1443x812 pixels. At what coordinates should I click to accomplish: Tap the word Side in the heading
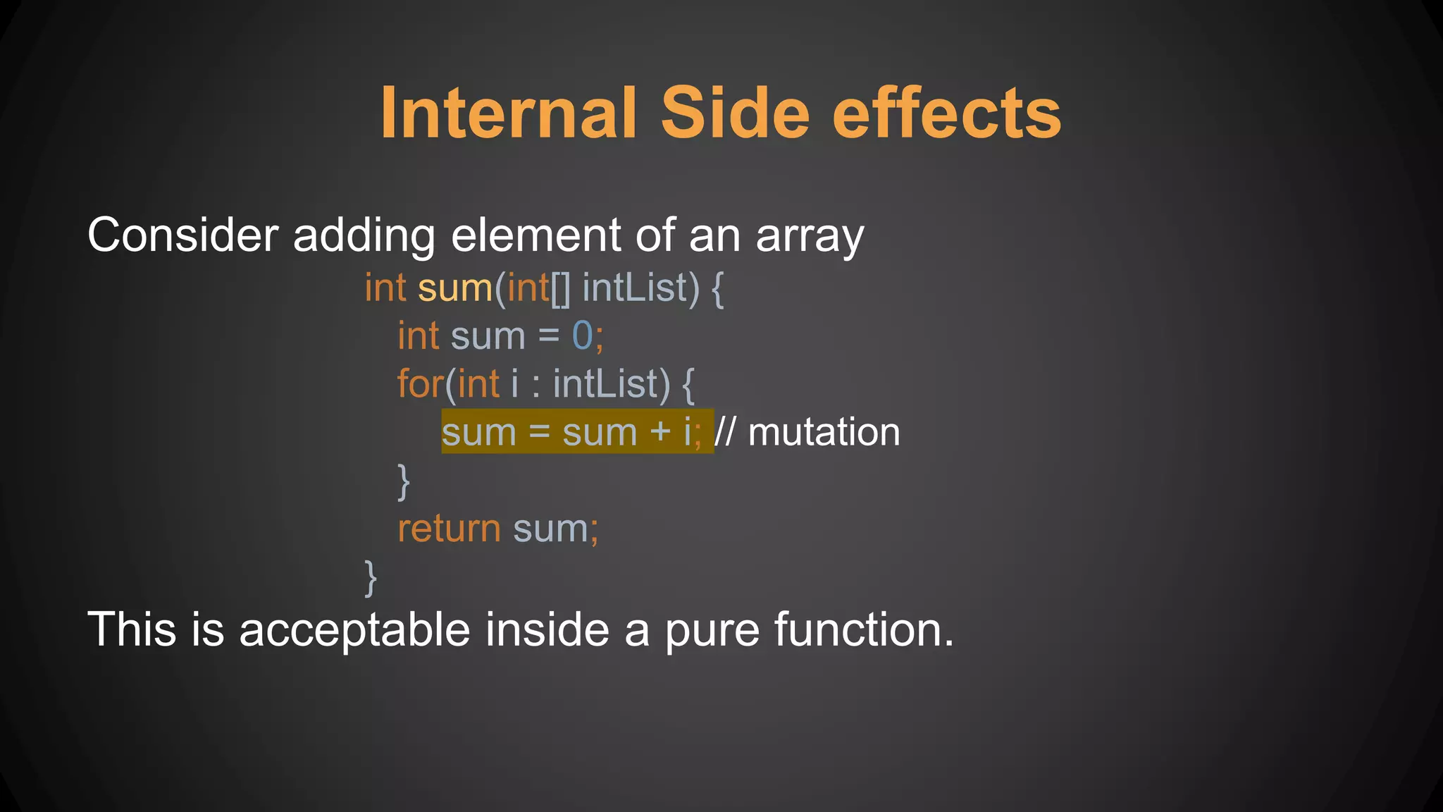(x=736, y=113)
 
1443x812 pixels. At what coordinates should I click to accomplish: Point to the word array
(x=810, y=238)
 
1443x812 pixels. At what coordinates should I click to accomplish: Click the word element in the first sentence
(x=535, y=235)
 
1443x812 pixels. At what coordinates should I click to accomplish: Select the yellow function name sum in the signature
(x=454, y=289)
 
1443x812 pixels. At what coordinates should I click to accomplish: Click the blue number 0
(x=583, y=336)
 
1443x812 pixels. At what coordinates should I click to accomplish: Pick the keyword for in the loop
(x=420, y=383)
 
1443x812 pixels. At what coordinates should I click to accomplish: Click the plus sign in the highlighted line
(x=660, y=431)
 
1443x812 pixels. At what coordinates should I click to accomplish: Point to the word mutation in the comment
(x=824, y=431)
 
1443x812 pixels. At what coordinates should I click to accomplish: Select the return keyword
(x=449, y=529)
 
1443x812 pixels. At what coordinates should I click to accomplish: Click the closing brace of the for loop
(x=404, y=482)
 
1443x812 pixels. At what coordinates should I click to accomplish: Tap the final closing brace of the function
(x=371, y=578)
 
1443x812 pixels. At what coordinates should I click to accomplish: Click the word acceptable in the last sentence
(x=354, y=629)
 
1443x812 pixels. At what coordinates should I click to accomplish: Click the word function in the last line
(x=864, y=629)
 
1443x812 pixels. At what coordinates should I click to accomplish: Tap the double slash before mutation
(x=725, y=431)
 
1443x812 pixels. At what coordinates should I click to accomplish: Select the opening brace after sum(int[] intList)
(x=717, y=289)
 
